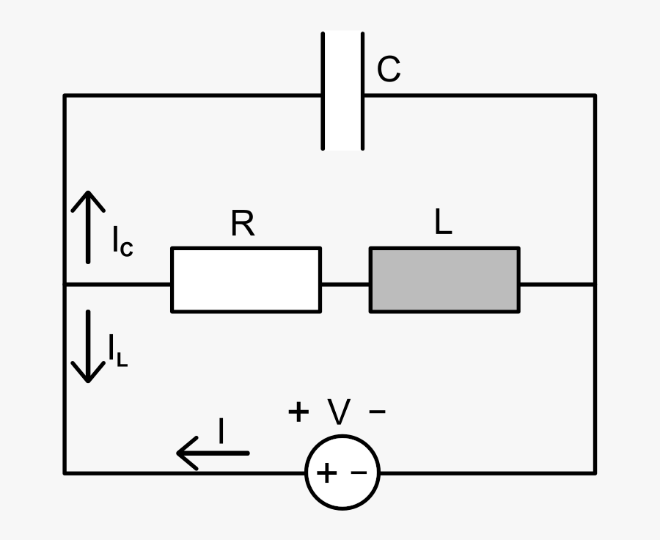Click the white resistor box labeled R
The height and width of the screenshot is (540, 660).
click(x=246, y=280)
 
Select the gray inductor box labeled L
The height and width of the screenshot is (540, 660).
click(x=444, y=280)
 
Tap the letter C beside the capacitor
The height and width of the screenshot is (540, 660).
click(x=389, y=70)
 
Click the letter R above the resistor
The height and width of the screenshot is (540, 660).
click(x=243, y=224)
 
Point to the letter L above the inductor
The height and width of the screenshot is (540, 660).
click(x=443, y=222)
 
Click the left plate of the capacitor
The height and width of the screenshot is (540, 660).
click(x=323, y=90)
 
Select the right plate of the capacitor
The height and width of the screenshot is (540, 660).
click(x=362, y=90)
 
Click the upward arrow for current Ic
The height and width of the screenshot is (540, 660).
click(x=88, y=226)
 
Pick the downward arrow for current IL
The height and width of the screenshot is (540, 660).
click(x=88, y=346)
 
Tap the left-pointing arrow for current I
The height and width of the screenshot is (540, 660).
click(x=213, y=453)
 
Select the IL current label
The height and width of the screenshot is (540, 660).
click(x=117, y=350)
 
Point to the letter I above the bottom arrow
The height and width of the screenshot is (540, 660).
click(x=221, y=431)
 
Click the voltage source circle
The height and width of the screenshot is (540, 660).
click(x=342, y=472)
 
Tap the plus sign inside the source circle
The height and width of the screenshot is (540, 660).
click(x=326, y=473)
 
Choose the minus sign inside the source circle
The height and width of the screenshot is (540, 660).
click(x=359, y=473)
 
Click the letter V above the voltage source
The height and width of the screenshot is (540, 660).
click(x=339, y=413)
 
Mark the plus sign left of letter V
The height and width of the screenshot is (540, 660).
click(x=298, y=412)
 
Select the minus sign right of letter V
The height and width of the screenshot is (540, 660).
click(x=378, y=412)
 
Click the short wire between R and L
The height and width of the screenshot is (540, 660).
click(x=345, y=284)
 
